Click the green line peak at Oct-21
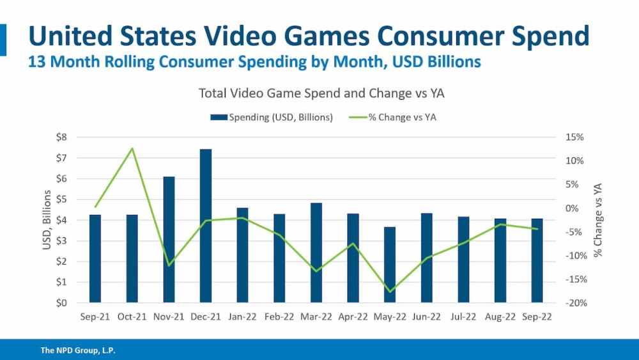point(132,148)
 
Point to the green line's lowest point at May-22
point(390,292)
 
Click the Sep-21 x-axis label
point(95,316)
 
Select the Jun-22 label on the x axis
point(426,316)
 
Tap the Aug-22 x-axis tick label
point(500,316)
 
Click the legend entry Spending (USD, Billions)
point(281,118)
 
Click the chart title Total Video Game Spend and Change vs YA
point(321,93)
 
